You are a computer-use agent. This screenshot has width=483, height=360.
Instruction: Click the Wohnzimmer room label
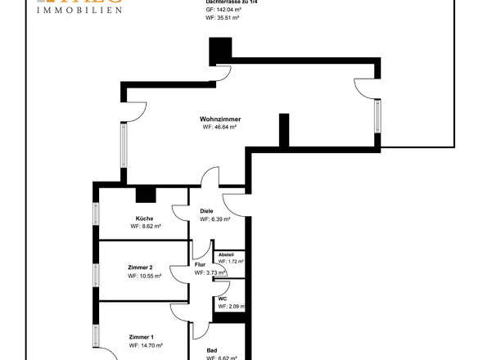tap(220, 119)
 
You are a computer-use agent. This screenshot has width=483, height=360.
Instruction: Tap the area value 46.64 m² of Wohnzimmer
tap(219, 128)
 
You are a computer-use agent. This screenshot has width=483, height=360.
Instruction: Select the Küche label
tap(145, 218)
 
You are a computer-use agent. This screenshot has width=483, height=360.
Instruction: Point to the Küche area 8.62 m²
tap(145, 227)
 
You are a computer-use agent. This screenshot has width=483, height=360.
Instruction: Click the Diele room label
tap(207, 211)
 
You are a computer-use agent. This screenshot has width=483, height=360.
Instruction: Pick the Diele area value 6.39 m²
tap(214, 219)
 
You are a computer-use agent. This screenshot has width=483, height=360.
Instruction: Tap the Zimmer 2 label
tap(141, 268)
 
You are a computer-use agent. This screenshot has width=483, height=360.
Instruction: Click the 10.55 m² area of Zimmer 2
tap(144, 277)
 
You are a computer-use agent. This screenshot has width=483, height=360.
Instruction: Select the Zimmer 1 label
tap(141, 337)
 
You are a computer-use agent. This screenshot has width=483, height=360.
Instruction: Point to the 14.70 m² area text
tap(145, 346)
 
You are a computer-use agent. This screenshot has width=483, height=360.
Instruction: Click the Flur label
tap(200, 264)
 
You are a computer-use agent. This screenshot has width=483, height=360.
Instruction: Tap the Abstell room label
tap(226, 254)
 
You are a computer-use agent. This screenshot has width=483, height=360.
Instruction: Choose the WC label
tap(222, 299)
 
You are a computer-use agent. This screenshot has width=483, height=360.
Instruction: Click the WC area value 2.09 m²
tap(229, 307)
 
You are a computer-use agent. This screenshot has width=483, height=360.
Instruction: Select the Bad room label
tap(212, 349)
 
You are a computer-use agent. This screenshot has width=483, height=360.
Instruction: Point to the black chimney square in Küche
tap(146, 195)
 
